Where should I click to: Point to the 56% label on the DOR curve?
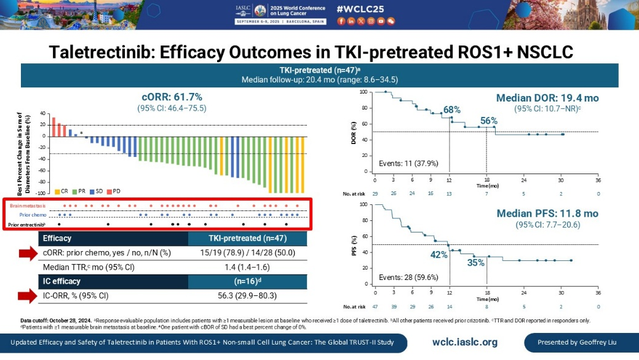click(489, 121)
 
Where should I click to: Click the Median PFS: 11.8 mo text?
click(547, 214)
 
